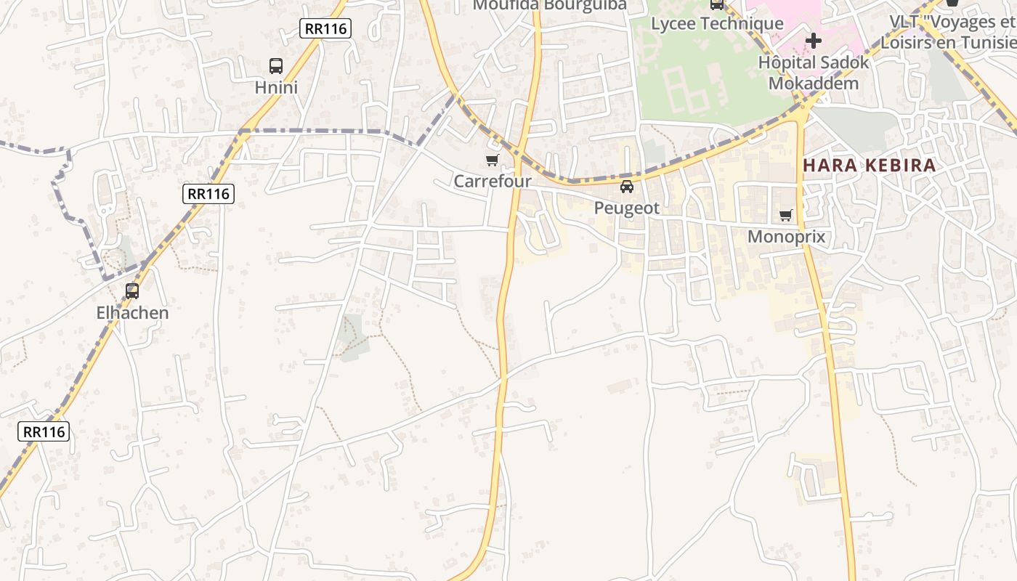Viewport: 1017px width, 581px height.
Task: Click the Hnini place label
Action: [276, 88]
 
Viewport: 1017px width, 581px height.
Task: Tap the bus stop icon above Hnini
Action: [276, 66]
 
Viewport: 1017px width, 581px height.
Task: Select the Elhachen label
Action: [132, 313]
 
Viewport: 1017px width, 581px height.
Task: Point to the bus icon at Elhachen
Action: [132, 291]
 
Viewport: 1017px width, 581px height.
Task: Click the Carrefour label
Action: [493, 181]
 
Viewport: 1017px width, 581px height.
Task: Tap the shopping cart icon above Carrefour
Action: [493, 160]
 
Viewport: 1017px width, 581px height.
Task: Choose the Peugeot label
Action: [627, 208]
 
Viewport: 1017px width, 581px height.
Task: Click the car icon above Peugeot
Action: [627, 187]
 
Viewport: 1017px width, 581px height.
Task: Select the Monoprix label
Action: [786, 237]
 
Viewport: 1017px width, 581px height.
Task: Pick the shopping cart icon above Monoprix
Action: [785, 215]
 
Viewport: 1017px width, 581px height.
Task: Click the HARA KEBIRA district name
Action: [870, 166]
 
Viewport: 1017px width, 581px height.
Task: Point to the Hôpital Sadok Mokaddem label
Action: [814, 73]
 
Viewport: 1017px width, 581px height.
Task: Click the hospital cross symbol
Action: [814, 40]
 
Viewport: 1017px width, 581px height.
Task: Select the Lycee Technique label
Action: [717, 23]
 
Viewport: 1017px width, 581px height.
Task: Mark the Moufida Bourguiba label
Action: [549, 6]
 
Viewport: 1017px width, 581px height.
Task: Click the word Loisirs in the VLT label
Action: [907, 42]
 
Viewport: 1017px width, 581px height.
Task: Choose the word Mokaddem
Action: [814, 83]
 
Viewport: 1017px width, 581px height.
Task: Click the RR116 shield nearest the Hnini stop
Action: [325, 28]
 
